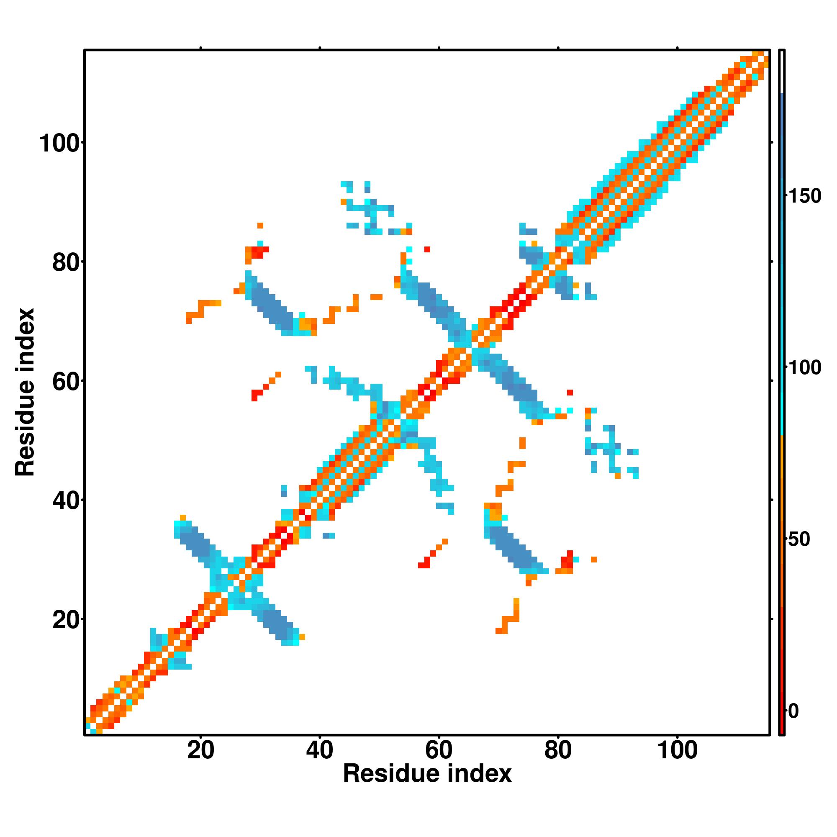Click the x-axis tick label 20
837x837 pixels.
click(200, 750)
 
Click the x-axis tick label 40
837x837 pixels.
click(320, 750)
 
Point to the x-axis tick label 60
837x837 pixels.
click(439, 750)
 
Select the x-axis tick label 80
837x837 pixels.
click(558, 750)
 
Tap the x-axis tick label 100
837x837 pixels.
click(678, 750)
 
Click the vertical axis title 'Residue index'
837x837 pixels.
click(25, 392)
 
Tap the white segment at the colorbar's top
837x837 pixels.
click(782, 72)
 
